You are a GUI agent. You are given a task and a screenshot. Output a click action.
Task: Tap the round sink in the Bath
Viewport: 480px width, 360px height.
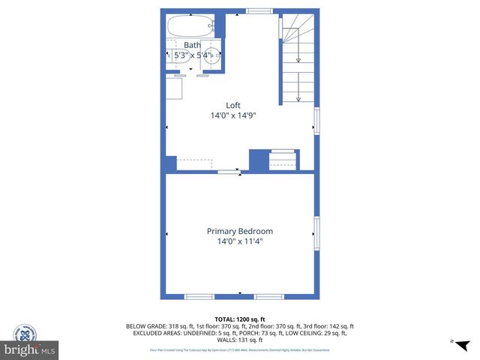(212, 53)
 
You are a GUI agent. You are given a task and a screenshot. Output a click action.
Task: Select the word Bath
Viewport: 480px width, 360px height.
(193, 45)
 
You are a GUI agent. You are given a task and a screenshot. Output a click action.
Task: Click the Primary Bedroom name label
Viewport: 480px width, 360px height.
(240, 231)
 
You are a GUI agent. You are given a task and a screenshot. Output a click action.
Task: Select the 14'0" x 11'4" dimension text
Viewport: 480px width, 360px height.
(240, 241)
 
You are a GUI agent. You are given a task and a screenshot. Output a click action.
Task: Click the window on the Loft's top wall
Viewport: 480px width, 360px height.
(259, 11)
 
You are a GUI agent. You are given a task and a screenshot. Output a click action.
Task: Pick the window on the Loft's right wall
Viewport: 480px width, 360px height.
(316, 121)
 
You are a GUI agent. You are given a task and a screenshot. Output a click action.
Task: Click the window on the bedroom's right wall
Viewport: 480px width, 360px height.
(316, 232)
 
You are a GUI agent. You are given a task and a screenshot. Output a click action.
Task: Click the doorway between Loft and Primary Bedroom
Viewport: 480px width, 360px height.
(229, 172)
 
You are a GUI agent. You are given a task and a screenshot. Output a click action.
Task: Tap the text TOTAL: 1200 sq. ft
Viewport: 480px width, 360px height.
(240, 319)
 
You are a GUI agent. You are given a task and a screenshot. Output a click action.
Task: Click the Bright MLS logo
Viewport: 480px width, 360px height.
(30, 349)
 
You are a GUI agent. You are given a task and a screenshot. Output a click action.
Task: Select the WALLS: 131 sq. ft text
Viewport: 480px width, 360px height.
(240, 339)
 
